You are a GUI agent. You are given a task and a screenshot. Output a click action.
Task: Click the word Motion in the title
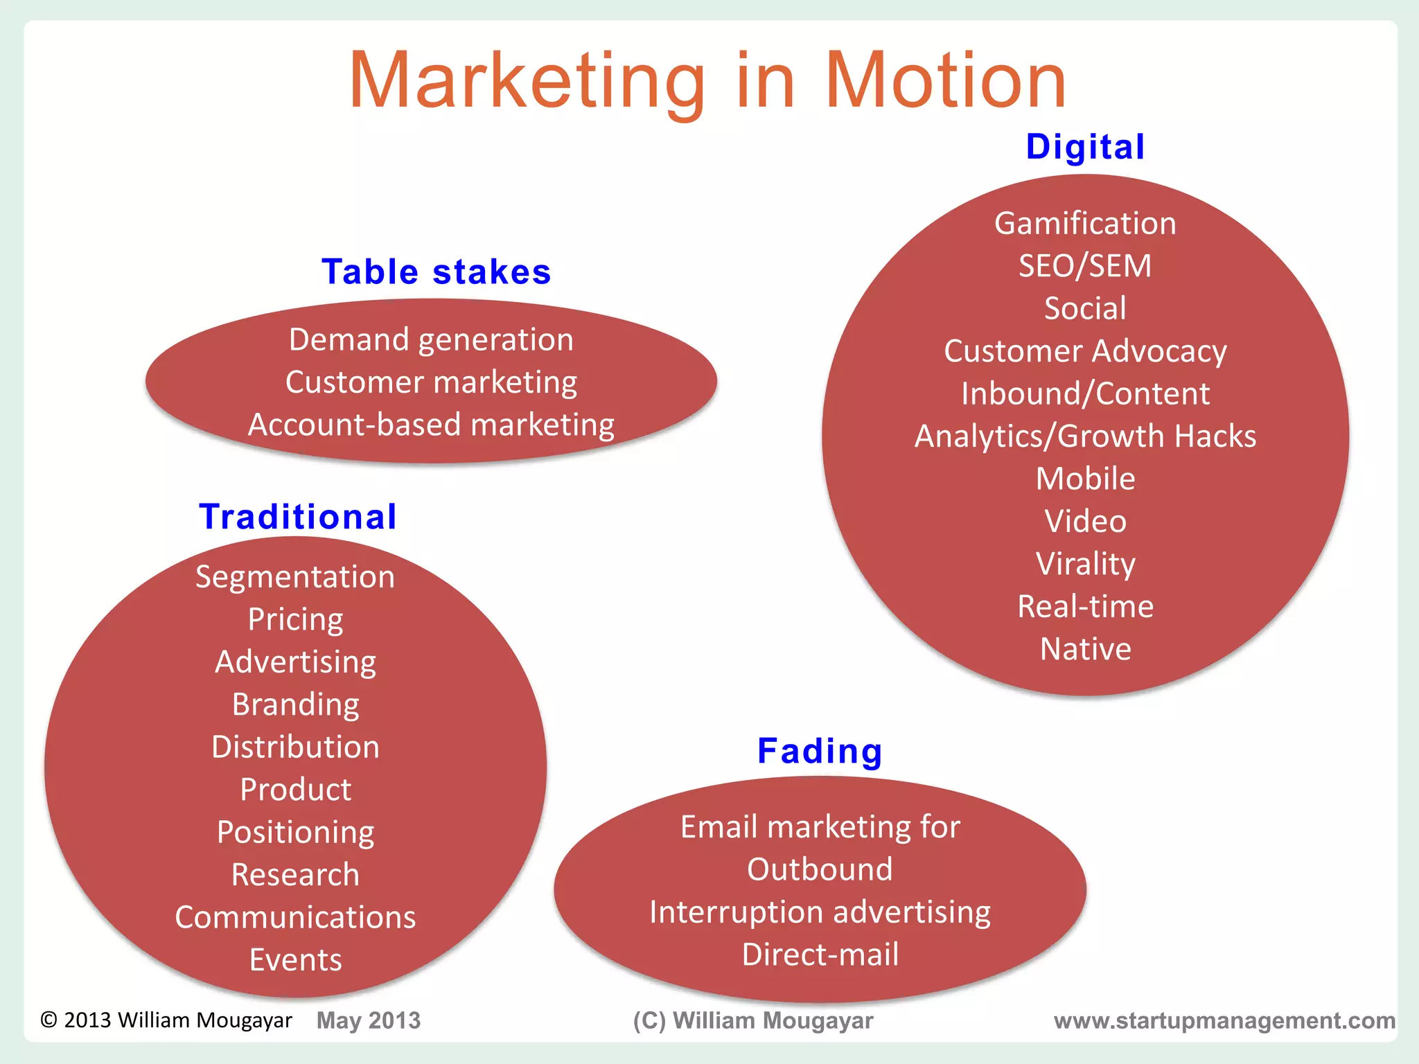(945, 81)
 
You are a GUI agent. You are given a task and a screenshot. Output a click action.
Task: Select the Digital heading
(1085, 147)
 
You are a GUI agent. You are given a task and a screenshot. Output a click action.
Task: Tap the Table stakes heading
(437, 272)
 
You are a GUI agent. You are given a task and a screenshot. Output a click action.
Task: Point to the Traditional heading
(298, 517)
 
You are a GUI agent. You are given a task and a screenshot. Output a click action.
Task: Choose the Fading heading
(820, 751)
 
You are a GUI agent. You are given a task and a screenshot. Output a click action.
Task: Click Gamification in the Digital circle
(1085, 224)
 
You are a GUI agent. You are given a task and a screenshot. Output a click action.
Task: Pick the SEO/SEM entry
(1085, 266)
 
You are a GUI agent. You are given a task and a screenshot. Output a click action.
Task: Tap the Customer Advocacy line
(1085, 351)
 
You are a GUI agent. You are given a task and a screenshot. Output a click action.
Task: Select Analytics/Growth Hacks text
(1085, 436)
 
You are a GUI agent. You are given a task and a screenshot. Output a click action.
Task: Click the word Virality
(1085, 564)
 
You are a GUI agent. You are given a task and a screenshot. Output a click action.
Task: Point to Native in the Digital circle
(1085, 649)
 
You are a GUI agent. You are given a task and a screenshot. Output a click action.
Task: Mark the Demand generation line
(431, 340)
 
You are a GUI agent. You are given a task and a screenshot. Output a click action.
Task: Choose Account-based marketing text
(431, 425)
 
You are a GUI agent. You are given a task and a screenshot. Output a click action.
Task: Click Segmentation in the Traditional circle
(295, 577)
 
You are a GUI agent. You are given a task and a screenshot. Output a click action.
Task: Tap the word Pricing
(295, 619)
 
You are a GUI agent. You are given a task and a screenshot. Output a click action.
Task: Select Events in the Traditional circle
(295, 960)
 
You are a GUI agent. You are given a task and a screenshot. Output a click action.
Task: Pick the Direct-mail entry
(820, 955)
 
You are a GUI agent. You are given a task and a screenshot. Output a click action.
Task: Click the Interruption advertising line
(820, 912)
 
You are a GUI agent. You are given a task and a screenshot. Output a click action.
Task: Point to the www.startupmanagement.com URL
(1224, 1020)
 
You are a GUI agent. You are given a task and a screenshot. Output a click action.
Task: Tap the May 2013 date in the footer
(368, 1020)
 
